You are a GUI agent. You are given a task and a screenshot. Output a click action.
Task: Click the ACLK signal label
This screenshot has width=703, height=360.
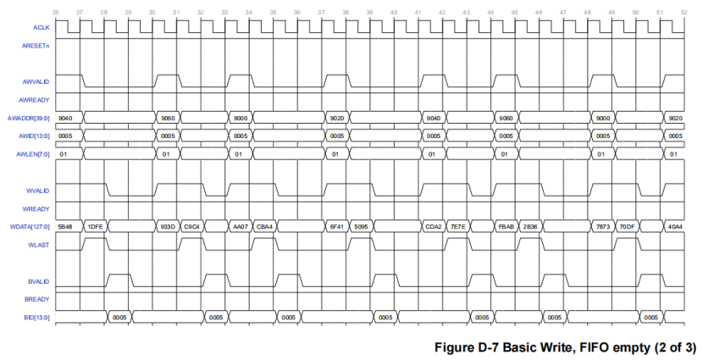[41, 27]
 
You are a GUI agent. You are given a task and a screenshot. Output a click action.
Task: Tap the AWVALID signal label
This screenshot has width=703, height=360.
[36, 81]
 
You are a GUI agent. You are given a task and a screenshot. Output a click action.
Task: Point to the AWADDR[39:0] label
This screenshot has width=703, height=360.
[28, 118]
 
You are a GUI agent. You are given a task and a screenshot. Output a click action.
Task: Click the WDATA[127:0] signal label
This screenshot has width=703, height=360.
[28, 226]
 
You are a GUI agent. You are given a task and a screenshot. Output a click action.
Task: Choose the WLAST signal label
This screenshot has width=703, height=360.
[38, 244]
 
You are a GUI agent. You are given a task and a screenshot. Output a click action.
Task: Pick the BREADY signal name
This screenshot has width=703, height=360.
[37, 298]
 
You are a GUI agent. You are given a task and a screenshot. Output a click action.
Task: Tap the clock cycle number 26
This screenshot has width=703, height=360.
[56, 12]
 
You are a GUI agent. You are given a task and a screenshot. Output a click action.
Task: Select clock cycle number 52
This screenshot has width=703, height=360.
[684, 12]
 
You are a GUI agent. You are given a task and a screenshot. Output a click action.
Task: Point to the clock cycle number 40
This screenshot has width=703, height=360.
[395, 12]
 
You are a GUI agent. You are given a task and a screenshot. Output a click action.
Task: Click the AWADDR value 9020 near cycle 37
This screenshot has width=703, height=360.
[336, 118]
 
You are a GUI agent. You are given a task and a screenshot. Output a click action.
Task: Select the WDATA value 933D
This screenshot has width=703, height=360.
[167, 226]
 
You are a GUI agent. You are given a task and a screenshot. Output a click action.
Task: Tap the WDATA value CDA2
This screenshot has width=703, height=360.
[433, 226]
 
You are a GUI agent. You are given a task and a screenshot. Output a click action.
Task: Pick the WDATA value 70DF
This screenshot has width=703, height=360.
[627, 226]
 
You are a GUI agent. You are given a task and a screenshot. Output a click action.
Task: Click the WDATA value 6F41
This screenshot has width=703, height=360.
[336, 226]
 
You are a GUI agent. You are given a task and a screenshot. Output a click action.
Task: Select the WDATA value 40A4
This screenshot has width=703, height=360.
[675, 226]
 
